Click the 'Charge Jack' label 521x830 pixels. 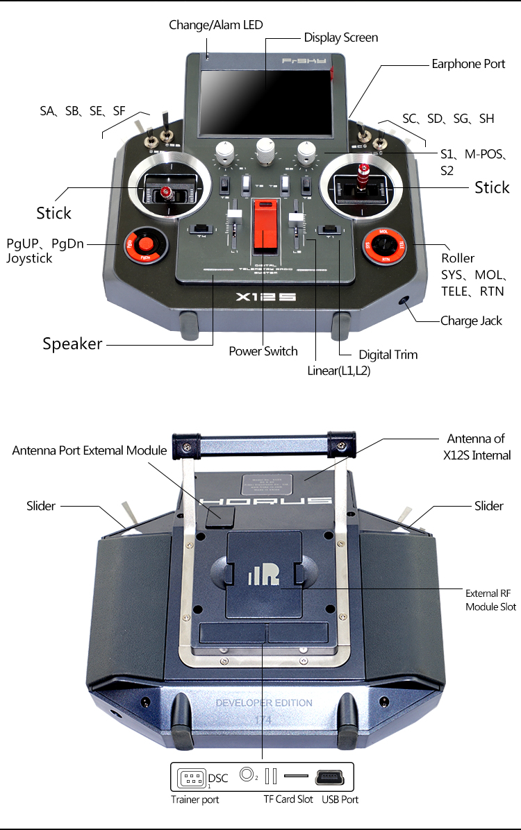tap(472, 321)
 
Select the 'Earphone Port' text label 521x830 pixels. tap(468, 64)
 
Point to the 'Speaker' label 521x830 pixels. tap(72, 344)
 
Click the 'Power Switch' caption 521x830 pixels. tap(263, 351)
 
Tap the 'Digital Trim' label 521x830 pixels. tap(388, 355)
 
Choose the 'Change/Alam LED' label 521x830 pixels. tap(216, 25)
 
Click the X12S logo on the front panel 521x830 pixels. tap(265, 297)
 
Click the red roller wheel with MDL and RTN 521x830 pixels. tap(383, 244)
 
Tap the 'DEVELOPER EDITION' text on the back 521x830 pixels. tap(264, 702)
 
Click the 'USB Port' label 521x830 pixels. tap(340, 799)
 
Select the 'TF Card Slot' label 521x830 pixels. tap(288, 799)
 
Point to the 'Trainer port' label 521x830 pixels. tap(195, 799)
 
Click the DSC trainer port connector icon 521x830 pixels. tap(192, 776)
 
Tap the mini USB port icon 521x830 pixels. tap(334, 776)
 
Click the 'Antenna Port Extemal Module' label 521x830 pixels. tap(90, 450)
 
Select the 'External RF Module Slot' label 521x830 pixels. tap(490, 600)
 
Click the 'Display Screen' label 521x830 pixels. tap(340, 37)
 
